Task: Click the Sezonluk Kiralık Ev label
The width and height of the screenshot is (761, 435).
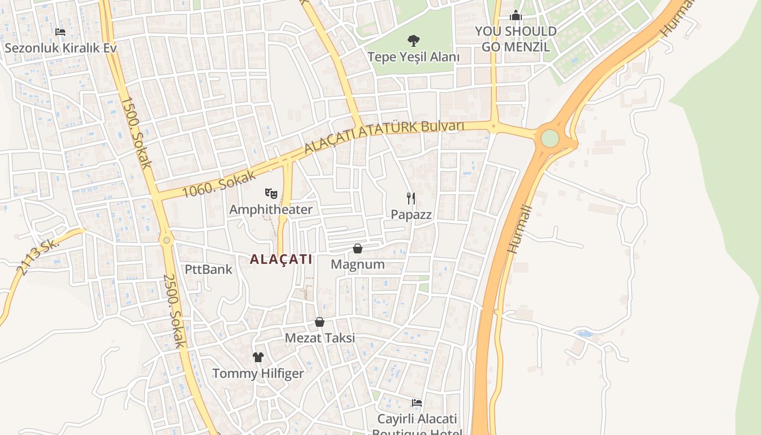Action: (60, 48)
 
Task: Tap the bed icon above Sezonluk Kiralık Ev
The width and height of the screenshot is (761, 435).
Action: (60, 32)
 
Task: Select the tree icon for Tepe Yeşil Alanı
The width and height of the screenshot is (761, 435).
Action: (413, 40)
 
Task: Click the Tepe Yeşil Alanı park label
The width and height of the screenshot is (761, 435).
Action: (413, 57)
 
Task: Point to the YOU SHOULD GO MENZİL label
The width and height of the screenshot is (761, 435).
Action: (516, 39)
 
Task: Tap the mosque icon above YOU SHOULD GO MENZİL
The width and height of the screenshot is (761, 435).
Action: (516, 16)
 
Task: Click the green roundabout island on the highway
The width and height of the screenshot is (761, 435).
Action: (550, 138)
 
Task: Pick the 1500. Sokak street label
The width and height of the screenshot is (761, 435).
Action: (135, 132)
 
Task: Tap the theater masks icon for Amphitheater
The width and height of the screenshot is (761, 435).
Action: (271, 193)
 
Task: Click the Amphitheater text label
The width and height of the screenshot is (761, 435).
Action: (271, 209)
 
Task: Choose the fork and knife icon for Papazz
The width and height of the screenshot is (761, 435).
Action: (411, 198)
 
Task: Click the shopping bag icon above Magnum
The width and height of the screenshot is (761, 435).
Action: (358, 248)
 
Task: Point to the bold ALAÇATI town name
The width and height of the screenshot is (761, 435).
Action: (281, 259)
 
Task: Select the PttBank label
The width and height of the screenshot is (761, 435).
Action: (208, 269)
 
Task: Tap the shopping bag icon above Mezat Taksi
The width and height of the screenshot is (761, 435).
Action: (320, 322)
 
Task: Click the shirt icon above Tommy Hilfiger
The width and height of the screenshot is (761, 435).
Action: (258, 357)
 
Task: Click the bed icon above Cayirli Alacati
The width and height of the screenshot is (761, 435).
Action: (417, 403)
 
